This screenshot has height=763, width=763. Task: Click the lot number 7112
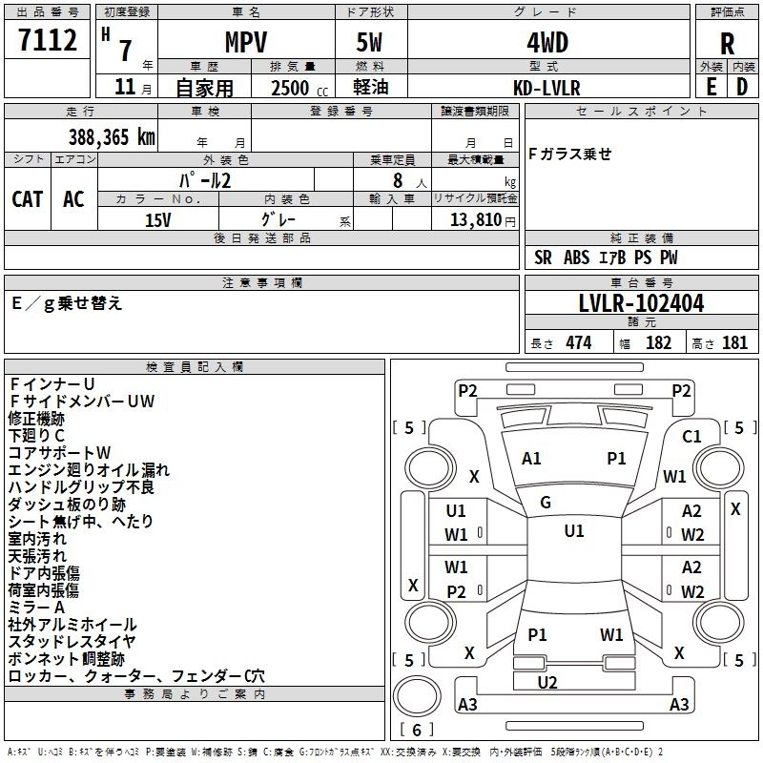pyautogui.click(x=48, y=40)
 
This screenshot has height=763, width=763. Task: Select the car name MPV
pyautogui.click(x=246, y=42)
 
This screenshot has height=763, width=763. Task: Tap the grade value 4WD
pyautogui.click(x=547, y=43)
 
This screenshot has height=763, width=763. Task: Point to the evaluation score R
pyautogui.click(x=727, y=44)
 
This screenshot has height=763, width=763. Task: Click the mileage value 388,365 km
pyautogui.click(x=112, y=137)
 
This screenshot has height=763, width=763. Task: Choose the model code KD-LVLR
pyautogui.click(x=546, y=88)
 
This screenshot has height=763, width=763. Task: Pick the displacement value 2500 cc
pyautogui.click(x=299, y=88)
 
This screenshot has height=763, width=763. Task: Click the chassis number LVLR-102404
pyautogui.click(x=641, y=303)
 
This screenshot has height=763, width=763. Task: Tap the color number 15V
pyautogui.click(x=158, y=220)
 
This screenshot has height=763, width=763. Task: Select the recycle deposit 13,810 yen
pyautogui.click(x=483, y=220)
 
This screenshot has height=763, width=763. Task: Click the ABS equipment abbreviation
pyautogui.click(x=577, y=258)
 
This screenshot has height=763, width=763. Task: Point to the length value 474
pyautogui.click(x=579, y=342)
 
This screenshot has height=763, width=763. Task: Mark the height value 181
pyautogui.click(x=734, y=342)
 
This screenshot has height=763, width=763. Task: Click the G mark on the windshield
pyautogui.click(x=546, y=503)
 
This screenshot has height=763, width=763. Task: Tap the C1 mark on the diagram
pyautogui.click(x=691, y=437)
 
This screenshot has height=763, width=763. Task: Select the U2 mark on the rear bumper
pyautogui.click(x=547, y=682)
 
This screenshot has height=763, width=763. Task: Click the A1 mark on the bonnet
pyautogui.click(x=531, y=459)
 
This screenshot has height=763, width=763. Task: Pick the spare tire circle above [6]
pyautogui.click(x=417, y=696)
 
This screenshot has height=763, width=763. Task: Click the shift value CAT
pyautogui.click(x=28, y=199)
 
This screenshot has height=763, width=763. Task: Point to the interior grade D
pyautogui.click(x=742, y=87)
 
